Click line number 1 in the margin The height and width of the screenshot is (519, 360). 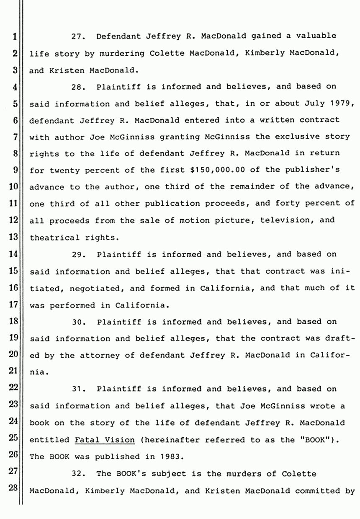(x=15, y=36)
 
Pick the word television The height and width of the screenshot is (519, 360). (x=284, y=221)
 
